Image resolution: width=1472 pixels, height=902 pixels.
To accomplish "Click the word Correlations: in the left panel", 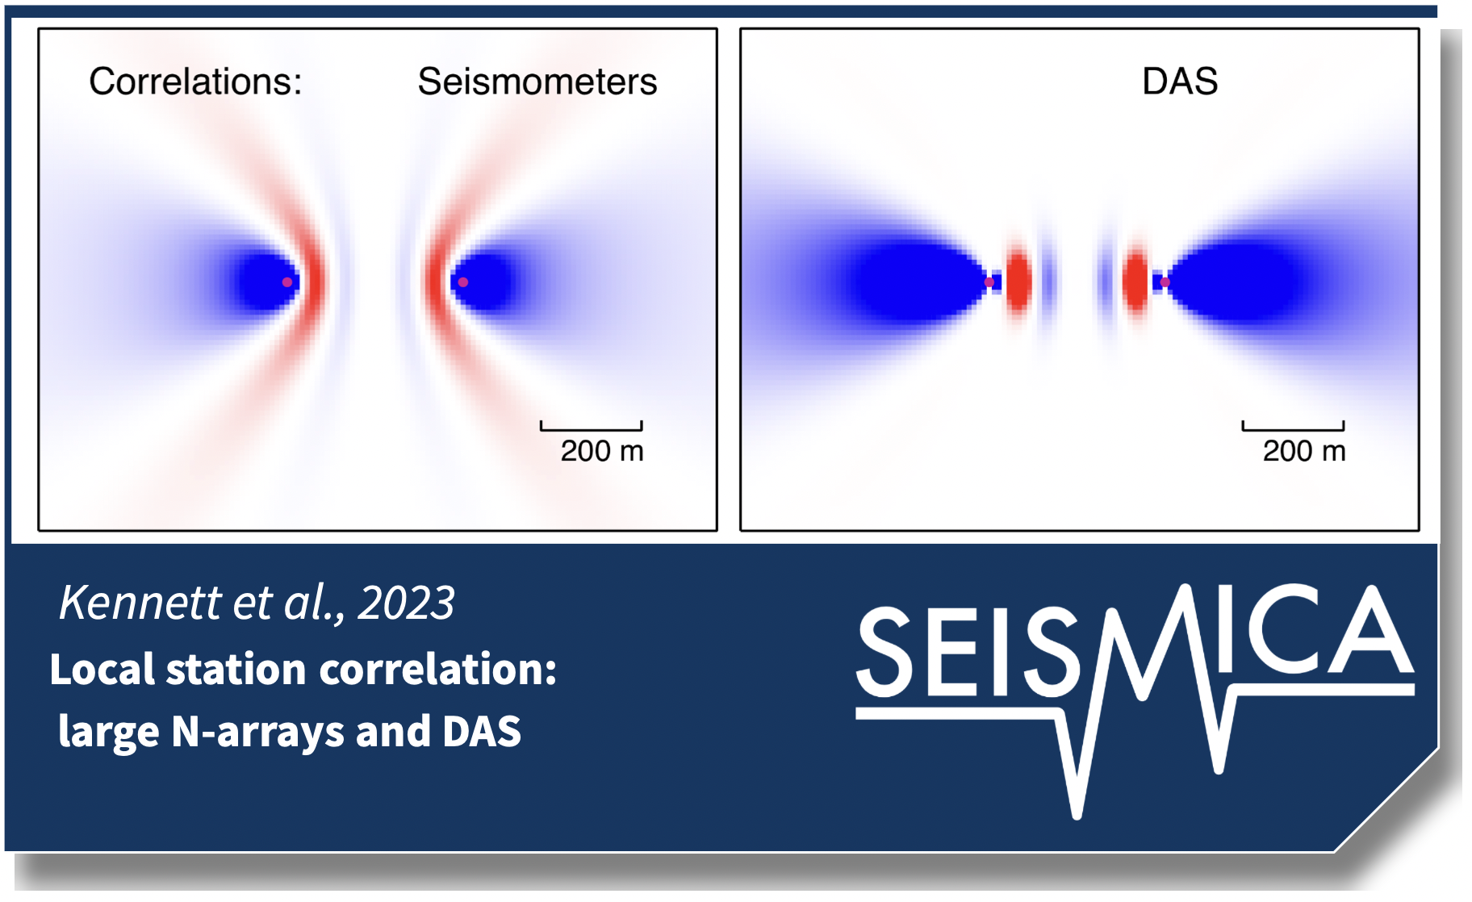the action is tap(195, 81).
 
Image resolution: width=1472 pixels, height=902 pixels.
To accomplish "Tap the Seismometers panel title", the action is tap(537, 81).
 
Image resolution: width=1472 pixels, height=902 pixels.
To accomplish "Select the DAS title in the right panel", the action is tap(1180, 81).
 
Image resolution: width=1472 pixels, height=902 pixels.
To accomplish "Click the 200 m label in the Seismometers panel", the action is tap(602, 451).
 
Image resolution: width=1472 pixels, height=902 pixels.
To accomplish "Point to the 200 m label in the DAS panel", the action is tap(1304, 451).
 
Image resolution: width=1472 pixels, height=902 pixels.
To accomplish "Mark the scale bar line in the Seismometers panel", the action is tap(592, 428).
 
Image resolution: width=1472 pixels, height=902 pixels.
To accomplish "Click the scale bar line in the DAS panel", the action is tap(1294, 428).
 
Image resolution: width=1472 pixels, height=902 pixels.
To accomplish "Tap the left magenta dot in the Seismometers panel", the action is tap(286, 282).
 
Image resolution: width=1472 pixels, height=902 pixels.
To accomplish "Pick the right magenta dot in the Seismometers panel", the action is tap(462, 282).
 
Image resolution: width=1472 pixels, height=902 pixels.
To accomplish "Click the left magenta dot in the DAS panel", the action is tap(989, 282).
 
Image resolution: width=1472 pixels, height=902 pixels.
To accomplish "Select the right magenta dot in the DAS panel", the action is tap(1165, 282).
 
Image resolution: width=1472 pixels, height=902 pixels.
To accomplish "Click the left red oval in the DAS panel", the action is tap(1018, 281).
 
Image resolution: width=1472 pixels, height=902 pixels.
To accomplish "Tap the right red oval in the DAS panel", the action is tap(1135, 281).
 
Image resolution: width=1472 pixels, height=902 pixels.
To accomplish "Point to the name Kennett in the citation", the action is tap(140, 603).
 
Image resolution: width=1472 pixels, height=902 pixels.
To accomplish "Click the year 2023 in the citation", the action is tap(406, 603).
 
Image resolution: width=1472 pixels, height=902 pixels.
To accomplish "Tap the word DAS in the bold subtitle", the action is tap(481, 732).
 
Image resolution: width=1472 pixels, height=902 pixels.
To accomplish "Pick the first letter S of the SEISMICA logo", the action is tap(885, 652).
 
